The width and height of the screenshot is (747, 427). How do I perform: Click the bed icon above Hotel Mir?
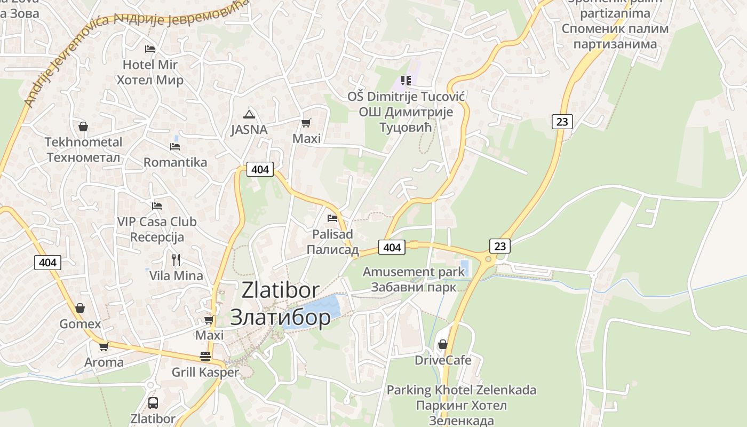150,49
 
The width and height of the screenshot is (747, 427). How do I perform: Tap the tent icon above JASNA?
249,114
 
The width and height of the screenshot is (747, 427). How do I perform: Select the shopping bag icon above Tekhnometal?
83,126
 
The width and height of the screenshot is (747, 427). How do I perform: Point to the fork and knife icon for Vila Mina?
176,260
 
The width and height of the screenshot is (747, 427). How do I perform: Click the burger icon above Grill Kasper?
205,356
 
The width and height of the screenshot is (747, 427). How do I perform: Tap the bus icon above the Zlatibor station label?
153,402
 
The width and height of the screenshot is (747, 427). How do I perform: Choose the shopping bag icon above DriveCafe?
442,344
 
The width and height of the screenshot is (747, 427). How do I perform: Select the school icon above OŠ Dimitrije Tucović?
406,81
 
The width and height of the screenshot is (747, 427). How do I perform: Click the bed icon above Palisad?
332,218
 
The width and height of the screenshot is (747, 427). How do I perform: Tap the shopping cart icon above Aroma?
104,346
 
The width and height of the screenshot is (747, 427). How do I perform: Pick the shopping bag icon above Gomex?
80,308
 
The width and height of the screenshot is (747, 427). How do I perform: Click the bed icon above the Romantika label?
175,146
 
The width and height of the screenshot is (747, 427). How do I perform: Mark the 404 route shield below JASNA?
260,169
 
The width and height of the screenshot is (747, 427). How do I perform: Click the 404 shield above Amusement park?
392,247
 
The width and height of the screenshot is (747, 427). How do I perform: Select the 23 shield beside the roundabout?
499,246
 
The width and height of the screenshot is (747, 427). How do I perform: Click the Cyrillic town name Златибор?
280,317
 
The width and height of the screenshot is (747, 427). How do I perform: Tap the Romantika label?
175,162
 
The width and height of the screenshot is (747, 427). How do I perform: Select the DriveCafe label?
443,360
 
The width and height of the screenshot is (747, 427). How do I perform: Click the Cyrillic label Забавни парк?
414,287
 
